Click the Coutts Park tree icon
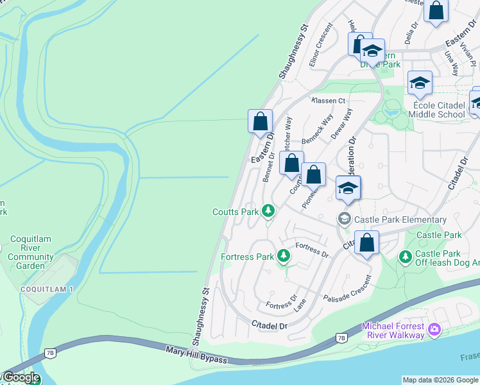(x=268, y=211)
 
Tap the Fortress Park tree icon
(x=283, y=257)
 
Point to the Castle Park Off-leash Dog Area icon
(x=405, y=257)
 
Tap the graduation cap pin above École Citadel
(x=420, y=82)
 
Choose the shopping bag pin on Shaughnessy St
(x=260, y=121)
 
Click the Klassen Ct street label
(x=329, y=101)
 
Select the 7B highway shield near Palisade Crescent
(x=341, y=338)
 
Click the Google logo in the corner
(x=21, y=377)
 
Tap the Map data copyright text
(x=440, y=380)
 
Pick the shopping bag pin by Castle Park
(x=366, y=243)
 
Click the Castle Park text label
(x=439, y=235)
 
